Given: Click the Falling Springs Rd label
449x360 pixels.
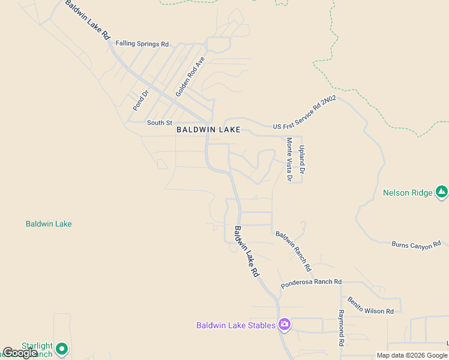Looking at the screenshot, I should [142, 44].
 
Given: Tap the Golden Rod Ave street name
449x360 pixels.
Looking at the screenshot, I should [191, 77].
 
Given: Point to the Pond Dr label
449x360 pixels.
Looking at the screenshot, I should [140, 100].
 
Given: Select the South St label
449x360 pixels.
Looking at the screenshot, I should [160, 122].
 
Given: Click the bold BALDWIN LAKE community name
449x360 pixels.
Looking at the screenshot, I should [208, 130].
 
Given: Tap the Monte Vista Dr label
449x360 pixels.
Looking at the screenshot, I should [289, 160].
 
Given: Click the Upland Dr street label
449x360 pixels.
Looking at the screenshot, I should [303, 159].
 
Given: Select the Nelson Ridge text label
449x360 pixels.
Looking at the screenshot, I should [408, 193].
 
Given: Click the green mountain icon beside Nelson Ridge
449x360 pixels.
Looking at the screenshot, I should [442, 192].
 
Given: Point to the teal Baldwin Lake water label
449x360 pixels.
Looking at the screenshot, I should [49, 224].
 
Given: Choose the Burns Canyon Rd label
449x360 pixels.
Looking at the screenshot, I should [416, 244].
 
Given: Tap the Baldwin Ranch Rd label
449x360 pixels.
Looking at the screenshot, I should [294, 250].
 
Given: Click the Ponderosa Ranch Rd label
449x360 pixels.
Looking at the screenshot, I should [311, 282].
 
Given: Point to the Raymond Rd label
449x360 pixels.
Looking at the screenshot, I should [340, 328].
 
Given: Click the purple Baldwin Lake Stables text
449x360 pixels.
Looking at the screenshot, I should [236, 325].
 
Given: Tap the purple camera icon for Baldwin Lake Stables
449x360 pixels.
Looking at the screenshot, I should [285, 325].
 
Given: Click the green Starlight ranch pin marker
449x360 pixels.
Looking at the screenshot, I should [61, 348].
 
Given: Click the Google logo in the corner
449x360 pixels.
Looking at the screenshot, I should [20, 353].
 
